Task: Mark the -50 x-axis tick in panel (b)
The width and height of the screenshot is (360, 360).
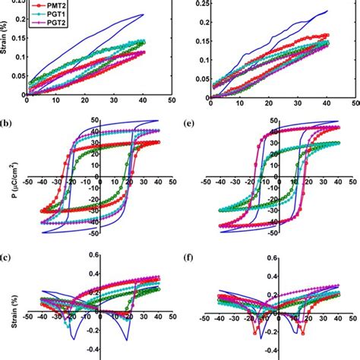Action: click(x=28, y=182)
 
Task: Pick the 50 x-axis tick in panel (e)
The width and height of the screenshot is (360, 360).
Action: click(x=353, y=182)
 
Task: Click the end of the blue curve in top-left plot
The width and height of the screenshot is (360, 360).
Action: click(x=144, y=14)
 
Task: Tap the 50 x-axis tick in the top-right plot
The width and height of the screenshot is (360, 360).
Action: click(x=353, y=99)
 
